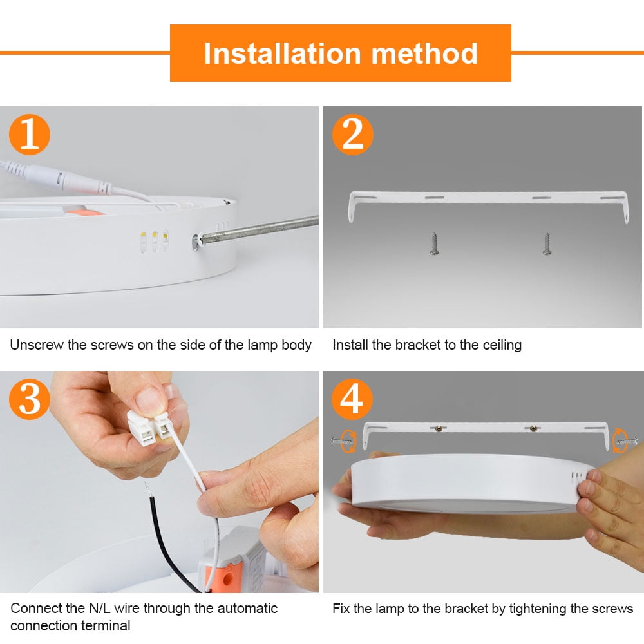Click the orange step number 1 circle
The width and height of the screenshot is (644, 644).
pyautogui.click(x=30, y=135)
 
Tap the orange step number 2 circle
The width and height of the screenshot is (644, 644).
pyautogui.click(x=353, y=135)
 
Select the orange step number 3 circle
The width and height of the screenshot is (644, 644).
pyautogui.click(x=30, y=399)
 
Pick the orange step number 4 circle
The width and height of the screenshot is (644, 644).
pyautogui.click(x=353, y=399)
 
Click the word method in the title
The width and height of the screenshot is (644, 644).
pyautogui.click(x=425, y=53)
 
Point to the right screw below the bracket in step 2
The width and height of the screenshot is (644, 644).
pyautogui.click(x=547, y=244)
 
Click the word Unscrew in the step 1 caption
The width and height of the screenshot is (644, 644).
pyautogui.click(x=36, y=345)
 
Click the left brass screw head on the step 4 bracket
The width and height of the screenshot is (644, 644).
pyautogui.click(x=438, y=428)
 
